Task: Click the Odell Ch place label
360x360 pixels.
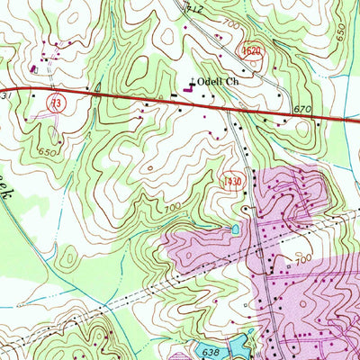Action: (x=225, y=80)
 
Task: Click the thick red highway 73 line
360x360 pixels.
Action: (x=135, y=96)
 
